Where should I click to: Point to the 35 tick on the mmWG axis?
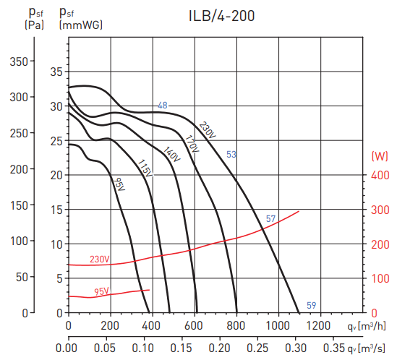point(56,72)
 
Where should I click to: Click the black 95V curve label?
point(119,184)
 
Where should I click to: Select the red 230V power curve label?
point(99,260)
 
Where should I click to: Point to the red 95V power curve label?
point(101,292)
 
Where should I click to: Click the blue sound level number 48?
point(163,106)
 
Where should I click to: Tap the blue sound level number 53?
point(231,155)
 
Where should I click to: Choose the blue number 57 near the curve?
point(270,218)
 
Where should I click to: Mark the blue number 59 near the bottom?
point(311,304)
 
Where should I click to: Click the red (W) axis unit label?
point(380,155)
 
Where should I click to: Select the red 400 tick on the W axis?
point(380,175)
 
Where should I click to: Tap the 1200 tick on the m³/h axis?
point(319,326)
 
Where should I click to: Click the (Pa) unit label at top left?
point(35,25)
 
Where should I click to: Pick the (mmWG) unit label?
point(80,25)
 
